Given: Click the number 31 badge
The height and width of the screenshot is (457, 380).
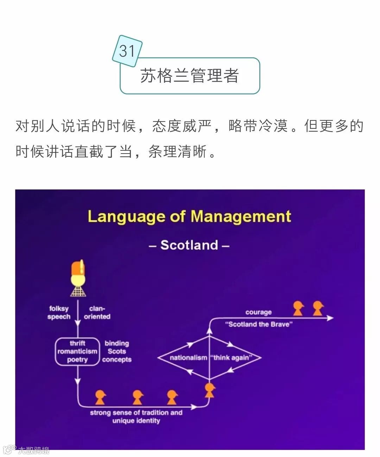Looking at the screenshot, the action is point(127,51).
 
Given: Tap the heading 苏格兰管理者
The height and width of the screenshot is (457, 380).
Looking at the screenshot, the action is point(190,76).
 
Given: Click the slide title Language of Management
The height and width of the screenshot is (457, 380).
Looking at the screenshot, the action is point(189,216).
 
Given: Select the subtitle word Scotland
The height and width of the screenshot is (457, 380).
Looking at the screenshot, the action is point(189,245).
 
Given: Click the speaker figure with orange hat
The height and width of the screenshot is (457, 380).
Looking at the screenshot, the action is point(78,278).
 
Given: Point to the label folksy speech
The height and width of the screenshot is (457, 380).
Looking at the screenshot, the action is point(59,313).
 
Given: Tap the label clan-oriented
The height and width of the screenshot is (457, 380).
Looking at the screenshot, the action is point(97,313).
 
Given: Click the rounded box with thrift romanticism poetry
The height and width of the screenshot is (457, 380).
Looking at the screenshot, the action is point(77,351).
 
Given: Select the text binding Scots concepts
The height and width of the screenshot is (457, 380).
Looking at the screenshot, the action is point(117,351).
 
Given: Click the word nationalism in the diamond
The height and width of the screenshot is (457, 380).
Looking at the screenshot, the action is point(188,358).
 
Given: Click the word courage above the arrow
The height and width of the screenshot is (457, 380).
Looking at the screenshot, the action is point(259,312).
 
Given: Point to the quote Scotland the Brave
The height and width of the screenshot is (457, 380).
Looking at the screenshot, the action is point(259,324).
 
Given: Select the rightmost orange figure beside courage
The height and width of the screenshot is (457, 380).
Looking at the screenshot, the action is point(318,308).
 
